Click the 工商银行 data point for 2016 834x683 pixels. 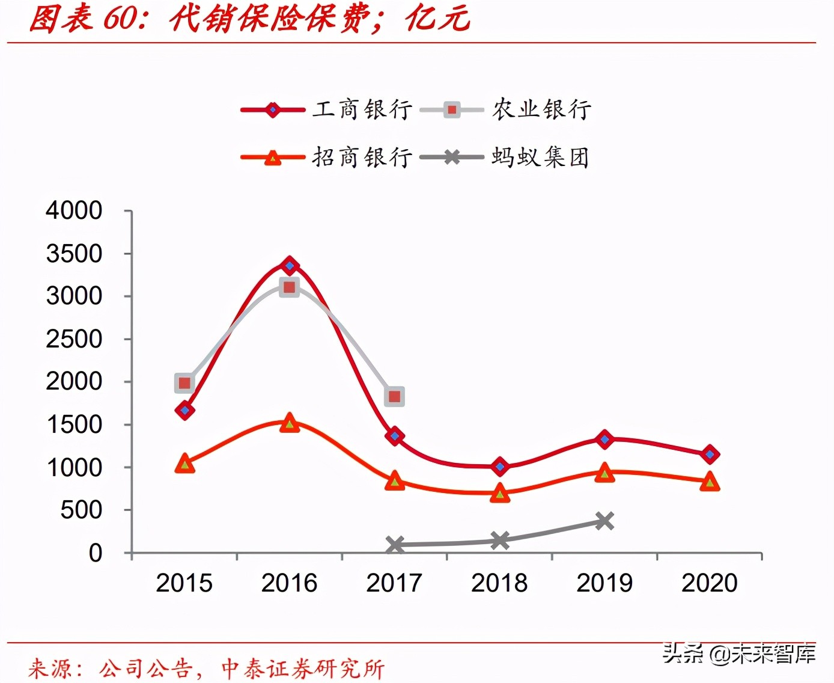290,265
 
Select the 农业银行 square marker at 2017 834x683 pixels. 394,396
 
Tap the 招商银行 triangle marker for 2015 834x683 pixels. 184,464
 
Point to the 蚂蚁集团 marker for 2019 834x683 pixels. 604,521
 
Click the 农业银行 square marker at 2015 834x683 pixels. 184,383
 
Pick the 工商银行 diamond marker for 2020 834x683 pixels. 710,454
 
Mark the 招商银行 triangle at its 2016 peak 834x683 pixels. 290,423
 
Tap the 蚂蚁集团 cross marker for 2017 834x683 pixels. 395,545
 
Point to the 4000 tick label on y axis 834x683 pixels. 74,211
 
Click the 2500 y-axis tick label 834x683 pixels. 74,339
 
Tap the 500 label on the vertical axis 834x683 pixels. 81,510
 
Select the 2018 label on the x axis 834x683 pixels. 499,583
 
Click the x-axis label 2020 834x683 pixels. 709,583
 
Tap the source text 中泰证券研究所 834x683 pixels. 303,669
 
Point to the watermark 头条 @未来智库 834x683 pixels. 738,654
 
